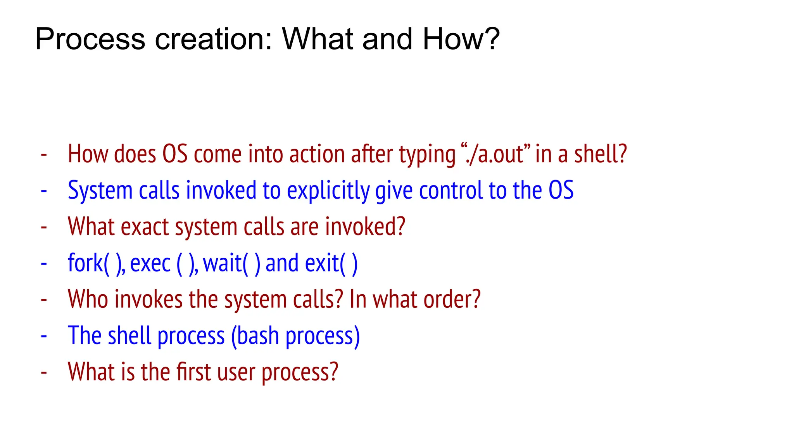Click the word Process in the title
tap(90, 39)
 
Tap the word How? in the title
tap(461, 39)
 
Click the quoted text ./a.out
tap(496, 154)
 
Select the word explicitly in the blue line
tap(328, 191)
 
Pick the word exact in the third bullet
tap(145, 227)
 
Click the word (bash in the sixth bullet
tap(255, 336)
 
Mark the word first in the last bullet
tap(193, 372)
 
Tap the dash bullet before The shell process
tap(44, 336)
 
